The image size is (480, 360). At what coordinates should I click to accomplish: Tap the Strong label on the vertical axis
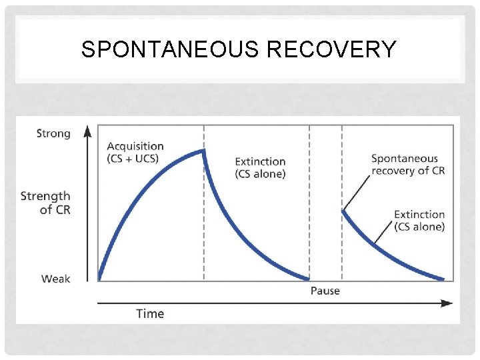tap(53, 133)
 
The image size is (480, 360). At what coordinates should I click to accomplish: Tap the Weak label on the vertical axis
tap(55, 279)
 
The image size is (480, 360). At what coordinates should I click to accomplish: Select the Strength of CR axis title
tap(45, 203)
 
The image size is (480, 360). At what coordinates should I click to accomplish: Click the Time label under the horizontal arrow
tap(150, 313)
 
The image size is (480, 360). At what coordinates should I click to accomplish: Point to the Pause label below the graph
tap(325, 291)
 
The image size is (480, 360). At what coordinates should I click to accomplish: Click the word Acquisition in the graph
tap(135, 146)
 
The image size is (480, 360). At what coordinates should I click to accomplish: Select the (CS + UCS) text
tap(134, 159)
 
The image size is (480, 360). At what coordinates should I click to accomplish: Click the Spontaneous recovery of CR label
tap(408, 164)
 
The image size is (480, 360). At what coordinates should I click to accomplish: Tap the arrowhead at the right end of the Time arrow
tap(447, 303)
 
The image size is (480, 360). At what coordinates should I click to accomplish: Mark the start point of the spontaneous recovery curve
tap(343, 211)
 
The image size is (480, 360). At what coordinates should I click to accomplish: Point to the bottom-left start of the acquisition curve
tap(99, 278)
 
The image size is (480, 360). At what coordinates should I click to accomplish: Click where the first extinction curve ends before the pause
tap(308, 279)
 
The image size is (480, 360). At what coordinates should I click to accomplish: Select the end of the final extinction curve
tap(443, 279)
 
